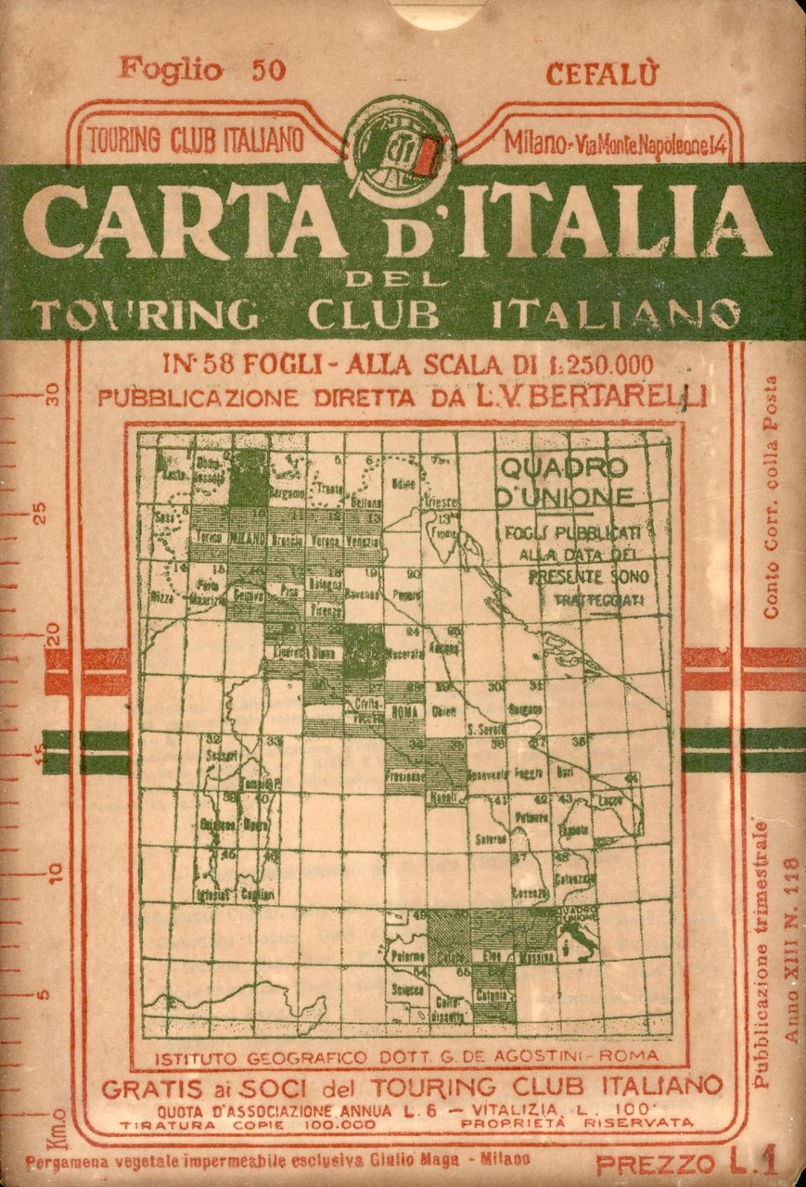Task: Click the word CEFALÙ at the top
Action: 601,72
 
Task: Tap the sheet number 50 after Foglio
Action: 268,70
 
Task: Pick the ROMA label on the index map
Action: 407,713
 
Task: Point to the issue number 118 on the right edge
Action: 791,876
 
